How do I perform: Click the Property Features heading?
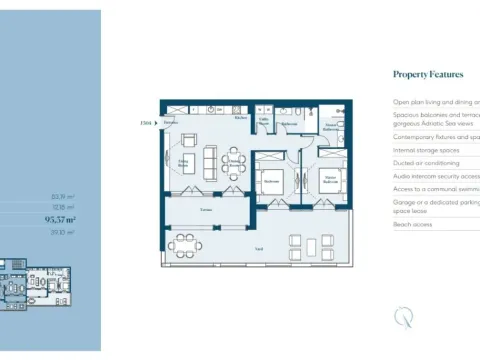(x=428, y=74)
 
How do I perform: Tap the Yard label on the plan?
(x=259, y=247)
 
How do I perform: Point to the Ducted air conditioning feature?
(x=426, y=162)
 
